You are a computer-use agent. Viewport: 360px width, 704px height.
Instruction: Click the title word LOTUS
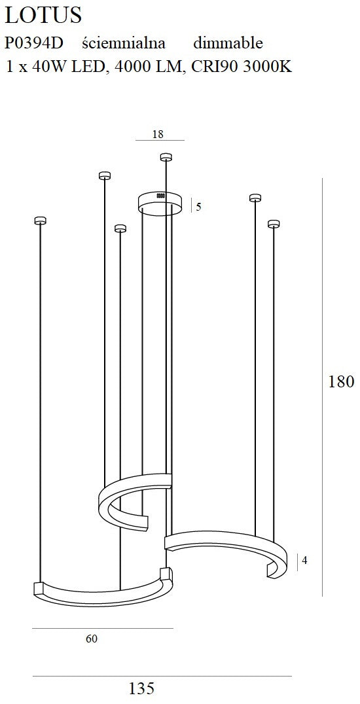[x=43, y=15]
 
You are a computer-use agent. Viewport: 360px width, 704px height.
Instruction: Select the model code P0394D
[x=33, y=44]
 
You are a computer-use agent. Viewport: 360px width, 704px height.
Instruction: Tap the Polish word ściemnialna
[x=124, y=44]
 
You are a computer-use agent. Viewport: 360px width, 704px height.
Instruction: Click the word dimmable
[x=228, y=44]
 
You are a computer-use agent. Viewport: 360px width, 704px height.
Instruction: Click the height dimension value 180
[x=341, y=382]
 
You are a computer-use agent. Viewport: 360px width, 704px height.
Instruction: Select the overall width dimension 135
[x=141, y=689]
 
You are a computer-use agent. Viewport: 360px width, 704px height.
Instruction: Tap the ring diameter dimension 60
[x=92, y=639]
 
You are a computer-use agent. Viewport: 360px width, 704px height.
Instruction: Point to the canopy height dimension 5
[x=198, y=207]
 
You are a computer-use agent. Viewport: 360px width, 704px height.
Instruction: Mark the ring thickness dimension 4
[x=305, y=561]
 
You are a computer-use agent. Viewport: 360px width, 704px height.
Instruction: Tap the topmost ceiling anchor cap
[x=166, y=157]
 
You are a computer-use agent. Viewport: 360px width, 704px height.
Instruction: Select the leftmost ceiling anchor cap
[x=41, y=220]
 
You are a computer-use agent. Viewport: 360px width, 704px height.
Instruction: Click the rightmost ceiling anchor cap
[x=274, y=224]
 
